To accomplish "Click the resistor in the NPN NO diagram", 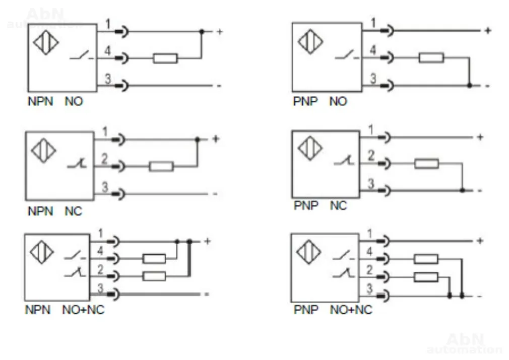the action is click(165, 58).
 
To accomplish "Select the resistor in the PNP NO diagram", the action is click(431, 58).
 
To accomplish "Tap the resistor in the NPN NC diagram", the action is click(161, 166).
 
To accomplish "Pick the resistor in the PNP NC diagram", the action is click(427, 164).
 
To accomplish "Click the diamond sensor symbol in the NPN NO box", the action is click(46, 42).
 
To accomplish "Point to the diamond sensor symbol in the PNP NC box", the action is click(310, 149).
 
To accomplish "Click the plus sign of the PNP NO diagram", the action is click(487, 31).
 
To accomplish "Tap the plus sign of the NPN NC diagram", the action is click(216, 139).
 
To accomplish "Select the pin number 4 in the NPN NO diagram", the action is click(107, 50).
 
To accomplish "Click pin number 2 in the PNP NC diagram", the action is click(371, 156).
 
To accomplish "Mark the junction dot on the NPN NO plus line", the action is click(202, 31).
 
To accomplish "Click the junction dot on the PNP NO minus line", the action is click(469, 86).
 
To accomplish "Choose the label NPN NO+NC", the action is click(65, 310).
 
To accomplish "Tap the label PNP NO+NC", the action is click(333, 310).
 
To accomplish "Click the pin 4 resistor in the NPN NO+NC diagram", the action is click(154, 259).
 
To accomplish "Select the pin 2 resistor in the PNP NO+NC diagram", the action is click(426, 277).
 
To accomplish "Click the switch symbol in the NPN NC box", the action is click(77, 164).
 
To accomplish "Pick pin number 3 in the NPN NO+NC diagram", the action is click(100, 287).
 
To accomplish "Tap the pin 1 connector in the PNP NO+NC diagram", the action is click(384, 241).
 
